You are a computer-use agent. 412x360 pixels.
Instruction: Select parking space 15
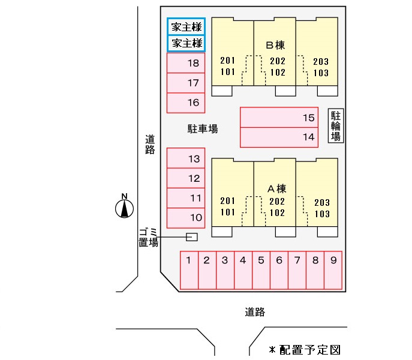282,118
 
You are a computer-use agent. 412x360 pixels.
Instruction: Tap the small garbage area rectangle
192,237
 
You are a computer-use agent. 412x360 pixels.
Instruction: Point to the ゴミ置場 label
148,238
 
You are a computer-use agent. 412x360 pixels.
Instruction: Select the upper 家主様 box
186,26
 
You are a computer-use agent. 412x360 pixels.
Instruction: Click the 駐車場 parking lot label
202,128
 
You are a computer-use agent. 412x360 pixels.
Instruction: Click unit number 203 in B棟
321,61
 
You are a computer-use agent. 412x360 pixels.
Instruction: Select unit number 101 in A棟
228,212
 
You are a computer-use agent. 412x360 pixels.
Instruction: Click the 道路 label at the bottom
255,312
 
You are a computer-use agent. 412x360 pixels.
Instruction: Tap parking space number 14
282,137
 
